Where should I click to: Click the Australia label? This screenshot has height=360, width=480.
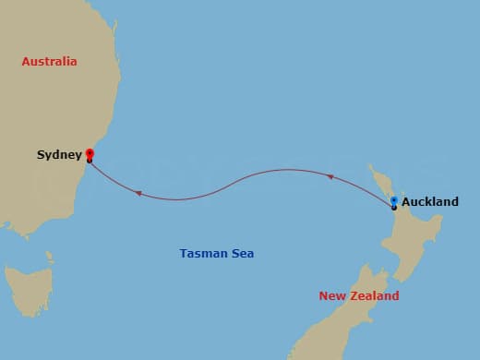(50, 62)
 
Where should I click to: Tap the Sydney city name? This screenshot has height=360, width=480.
(59, 155)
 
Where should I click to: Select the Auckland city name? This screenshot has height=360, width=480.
(430, 201)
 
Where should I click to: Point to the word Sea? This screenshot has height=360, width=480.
(243, 253)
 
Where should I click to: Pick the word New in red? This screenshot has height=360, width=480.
(332, 296)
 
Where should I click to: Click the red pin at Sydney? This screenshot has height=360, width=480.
(90, 153)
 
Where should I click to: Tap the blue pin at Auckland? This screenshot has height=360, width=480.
(394, 200)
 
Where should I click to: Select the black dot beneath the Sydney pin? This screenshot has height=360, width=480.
(90, 162)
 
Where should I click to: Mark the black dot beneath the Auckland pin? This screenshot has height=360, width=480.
(394, 208)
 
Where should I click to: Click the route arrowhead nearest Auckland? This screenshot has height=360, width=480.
(330, 174)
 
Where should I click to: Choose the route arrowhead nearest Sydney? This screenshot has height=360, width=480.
(138, 193)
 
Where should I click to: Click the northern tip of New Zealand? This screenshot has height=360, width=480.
(370, 167)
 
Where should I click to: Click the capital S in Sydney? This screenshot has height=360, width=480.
(41, 155)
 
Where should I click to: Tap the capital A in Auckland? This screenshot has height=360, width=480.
(406, 201)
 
